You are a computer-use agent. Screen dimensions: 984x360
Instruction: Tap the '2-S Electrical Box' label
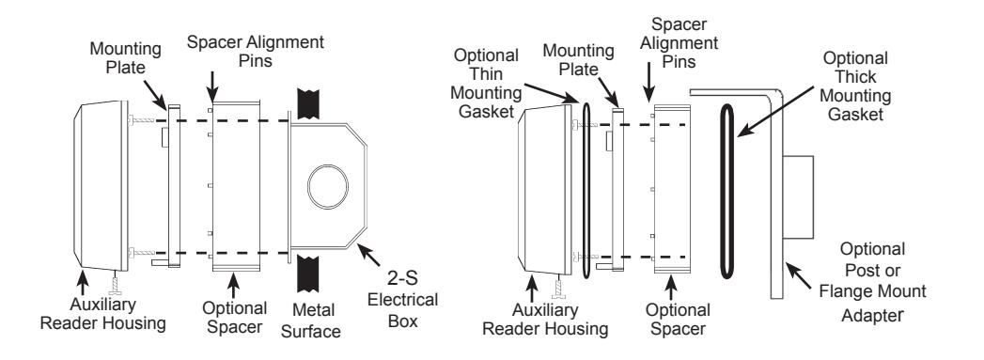pyautogui.click(x=402, y=299)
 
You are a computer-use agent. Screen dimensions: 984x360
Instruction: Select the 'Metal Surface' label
pyautogui.click(x=311, y=321)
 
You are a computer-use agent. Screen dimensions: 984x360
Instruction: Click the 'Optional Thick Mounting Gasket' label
pyautogui.click(x=855, y=86)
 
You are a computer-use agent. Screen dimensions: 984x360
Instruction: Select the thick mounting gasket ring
pyautogui.click(x=726, y=192)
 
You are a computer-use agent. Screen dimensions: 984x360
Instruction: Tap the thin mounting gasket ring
pyautogui.click(x=586, y=191)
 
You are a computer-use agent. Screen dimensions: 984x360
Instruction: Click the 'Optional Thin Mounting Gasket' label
pyautogui.click(x=487, y=84)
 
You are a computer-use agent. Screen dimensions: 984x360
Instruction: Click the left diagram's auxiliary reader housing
pyautogui.click(x=101, y=187)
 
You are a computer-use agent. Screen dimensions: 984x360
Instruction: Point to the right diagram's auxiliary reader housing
pyautogui.click(x=544, y=190)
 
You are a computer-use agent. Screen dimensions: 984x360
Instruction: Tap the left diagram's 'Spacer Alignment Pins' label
pyautogui.click(x=256, y=52)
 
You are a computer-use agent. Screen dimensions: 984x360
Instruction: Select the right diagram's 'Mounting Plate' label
pyautogui.click(x=578, y=59)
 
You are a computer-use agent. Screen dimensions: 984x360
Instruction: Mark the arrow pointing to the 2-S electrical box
pyautogui.click(x=369, y=255)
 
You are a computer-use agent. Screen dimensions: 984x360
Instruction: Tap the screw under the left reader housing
pyautogui.click(x=115, y=283)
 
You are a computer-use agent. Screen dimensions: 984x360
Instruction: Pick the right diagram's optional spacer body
pyautogui.click(x=672, y=189)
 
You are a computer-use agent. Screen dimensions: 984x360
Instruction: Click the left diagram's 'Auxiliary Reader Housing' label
pyautogui.click(x=103, y=314)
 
